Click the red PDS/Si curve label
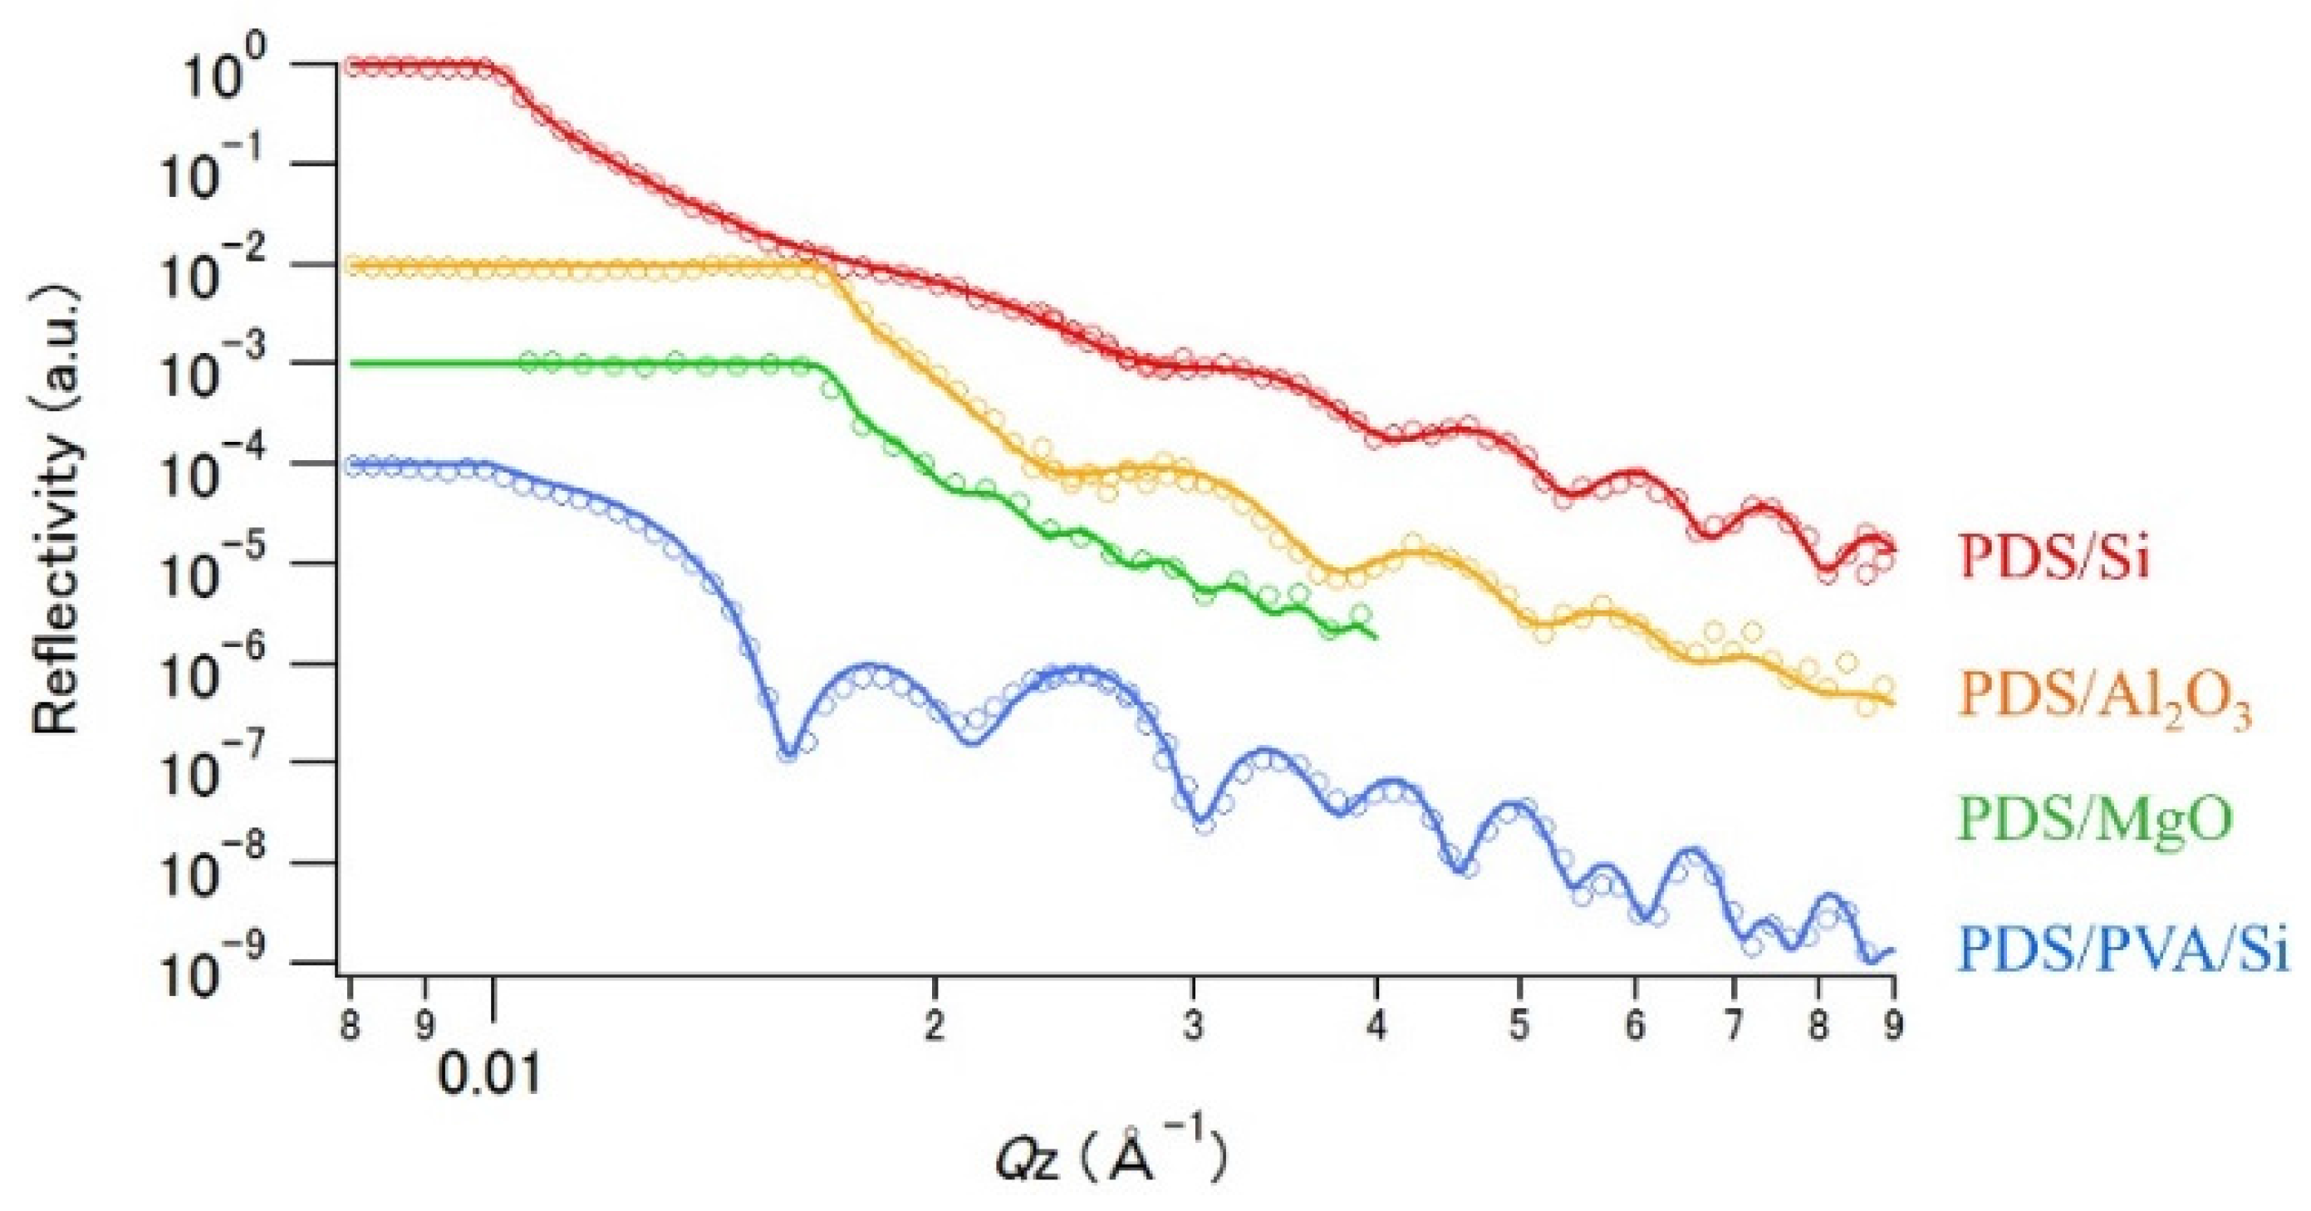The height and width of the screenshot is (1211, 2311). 2054,558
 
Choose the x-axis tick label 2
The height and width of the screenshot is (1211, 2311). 935,1023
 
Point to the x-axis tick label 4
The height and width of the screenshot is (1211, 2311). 1376,1023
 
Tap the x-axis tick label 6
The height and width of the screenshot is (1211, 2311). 1635,1023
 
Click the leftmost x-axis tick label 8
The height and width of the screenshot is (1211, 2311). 350,1023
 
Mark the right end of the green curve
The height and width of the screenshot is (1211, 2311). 1375,637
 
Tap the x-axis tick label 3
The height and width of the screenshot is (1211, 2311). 1192,1023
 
